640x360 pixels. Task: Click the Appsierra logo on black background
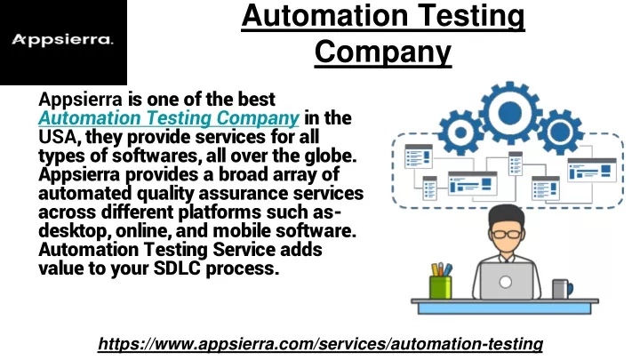(x=62, y=40)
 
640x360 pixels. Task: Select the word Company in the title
(x=383, y=52)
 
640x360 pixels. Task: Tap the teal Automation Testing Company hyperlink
(x=169, y=118)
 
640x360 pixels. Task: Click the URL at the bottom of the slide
(x=320, y=344)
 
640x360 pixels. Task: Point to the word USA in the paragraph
(x=57, y=137)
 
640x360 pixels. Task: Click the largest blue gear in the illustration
(x=510, y=113)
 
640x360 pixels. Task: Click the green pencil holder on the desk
(x=441, y=287)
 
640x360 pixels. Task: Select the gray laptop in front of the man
(x=506, y=281)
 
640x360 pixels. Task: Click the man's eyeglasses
(x=507, y=235)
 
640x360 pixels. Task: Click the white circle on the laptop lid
(x=506, y=282)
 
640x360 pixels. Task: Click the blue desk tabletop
(x=505, y=301)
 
